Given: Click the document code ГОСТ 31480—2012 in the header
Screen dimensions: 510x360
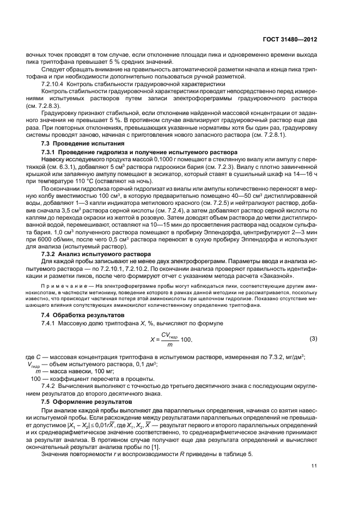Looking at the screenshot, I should (291, 39).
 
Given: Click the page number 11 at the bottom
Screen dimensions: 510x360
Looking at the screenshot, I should (314, 465).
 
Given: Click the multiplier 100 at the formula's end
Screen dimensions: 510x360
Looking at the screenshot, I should (186, 340).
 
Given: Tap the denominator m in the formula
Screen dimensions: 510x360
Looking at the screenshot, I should (170, 344).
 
